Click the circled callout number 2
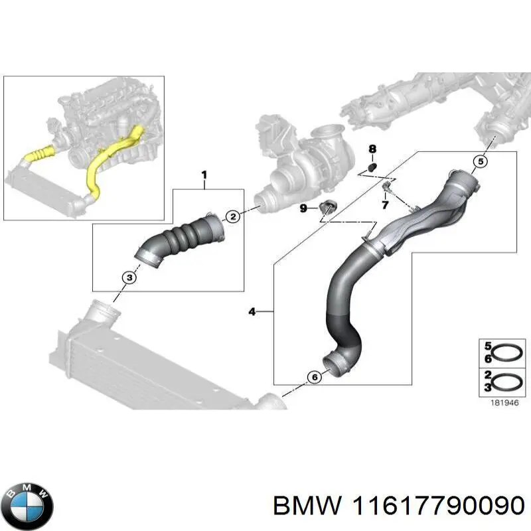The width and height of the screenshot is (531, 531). click(x=233, y=216)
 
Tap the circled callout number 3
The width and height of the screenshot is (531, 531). click(x=129, y=278)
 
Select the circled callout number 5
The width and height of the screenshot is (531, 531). click(x=481, y=162)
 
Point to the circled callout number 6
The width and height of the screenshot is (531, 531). click(x=314, y=377)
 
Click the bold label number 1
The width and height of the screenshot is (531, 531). click(x=204, y=175)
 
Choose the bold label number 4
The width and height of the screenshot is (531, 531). click(x=252, y=311)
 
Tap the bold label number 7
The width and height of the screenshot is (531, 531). click(x=384, y=205)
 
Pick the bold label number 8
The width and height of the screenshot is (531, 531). click(x=372, y=149)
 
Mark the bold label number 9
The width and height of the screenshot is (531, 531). click(x=303, y=208)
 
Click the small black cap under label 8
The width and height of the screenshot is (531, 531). click(x=372, y=167)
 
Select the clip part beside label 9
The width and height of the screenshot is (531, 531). click(x=328, y=206)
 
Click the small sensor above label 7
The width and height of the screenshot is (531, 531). click(x=386, y=187)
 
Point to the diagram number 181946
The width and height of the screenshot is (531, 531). click(x=504, y=403)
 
